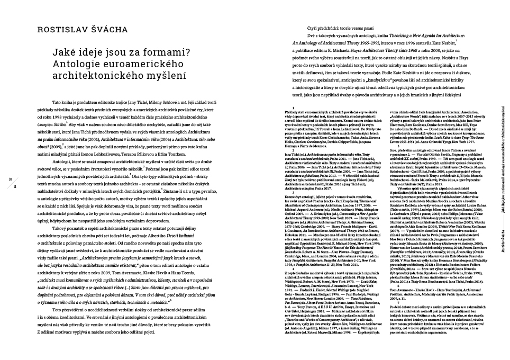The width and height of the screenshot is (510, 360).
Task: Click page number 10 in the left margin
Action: tap(11, 180)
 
